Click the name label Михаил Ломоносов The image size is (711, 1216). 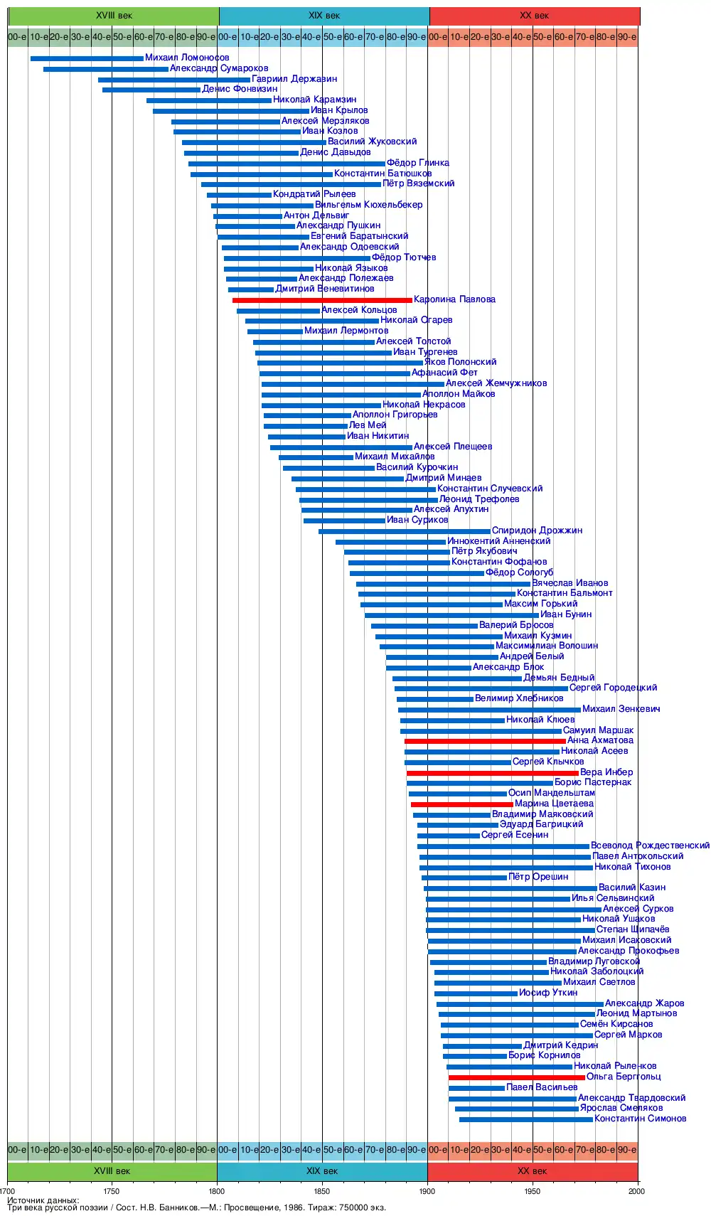point(187,58)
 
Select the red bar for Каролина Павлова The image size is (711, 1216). point(322,300)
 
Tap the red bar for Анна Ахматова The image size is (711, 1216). point(485,741)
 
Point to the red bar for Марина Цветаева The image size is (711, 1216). point(462,804)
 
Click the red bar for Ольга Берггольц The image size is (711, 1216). point(517,1077)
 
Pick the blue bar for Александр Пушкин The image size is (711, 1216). point(256,226)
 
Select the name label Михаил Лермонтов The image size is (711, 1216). point(346,331)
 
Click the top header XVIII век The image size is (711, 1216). point(114,16)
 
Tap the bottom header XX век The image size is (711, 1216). point(533,1171)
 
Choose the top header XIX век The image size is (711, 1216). point(324,16)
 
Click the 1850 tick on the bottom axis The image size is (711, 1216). point(322,1191)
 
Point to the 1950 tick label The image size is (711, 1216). point(533,1191)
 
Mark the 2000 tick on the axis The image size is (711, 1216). point(637,1191)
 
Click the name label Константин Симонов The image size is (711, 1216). point(641,1119)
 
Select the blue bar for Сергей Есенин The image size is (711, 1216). point(449,836)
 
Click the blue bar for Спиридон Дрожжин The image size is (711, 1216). point(405,531)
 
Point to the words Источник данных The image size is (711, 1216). point(43,1200)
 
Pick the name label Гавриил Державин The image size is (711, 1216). point(294,79)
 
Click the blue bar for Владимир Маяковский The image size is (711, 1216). point(451,815)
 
